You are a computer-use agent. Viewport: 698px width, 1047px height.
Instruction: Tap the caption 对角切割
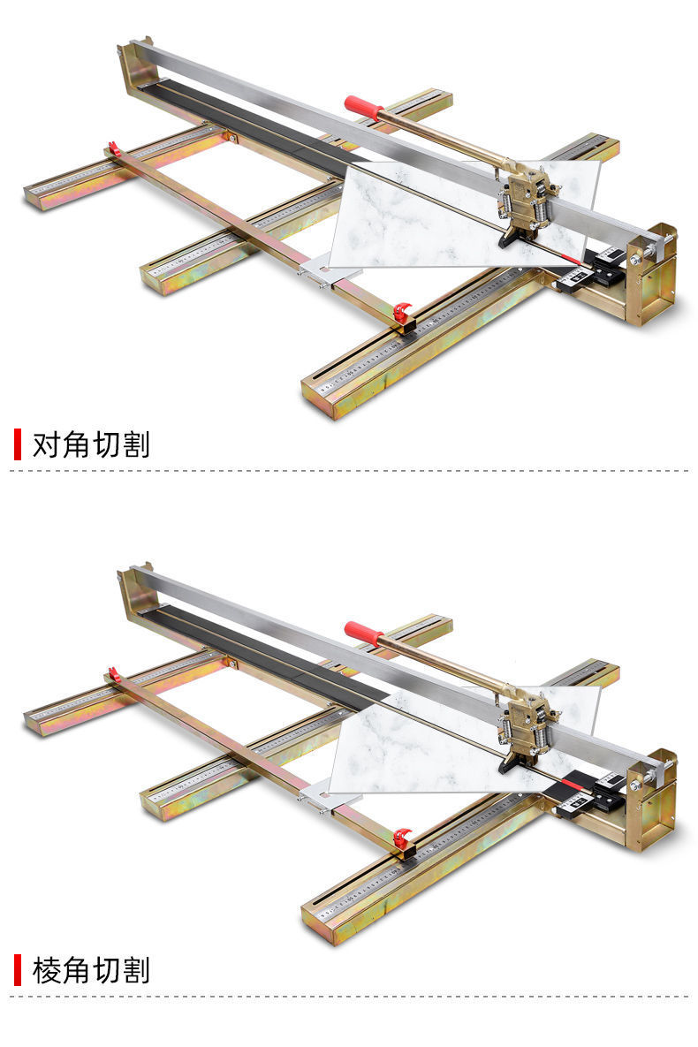(91, 444)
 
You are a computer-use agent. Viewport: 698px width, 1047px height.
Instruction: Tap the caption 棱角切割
(91, 970)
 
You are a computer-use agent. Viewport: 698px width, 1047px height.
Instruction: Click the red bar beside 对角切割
(17, 444)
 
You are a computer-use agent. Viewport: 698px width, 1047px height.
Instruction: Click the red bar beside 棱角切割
(17, 970)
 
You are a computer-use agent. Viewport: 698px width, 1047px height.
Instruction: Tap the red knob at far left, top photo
(113, 148)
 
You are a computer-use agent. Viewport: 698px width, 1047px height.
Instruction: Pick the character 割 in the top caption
(136, 444)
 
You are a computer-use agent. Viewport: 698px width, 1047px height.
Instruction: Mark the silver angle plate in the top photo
(322, 269)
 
